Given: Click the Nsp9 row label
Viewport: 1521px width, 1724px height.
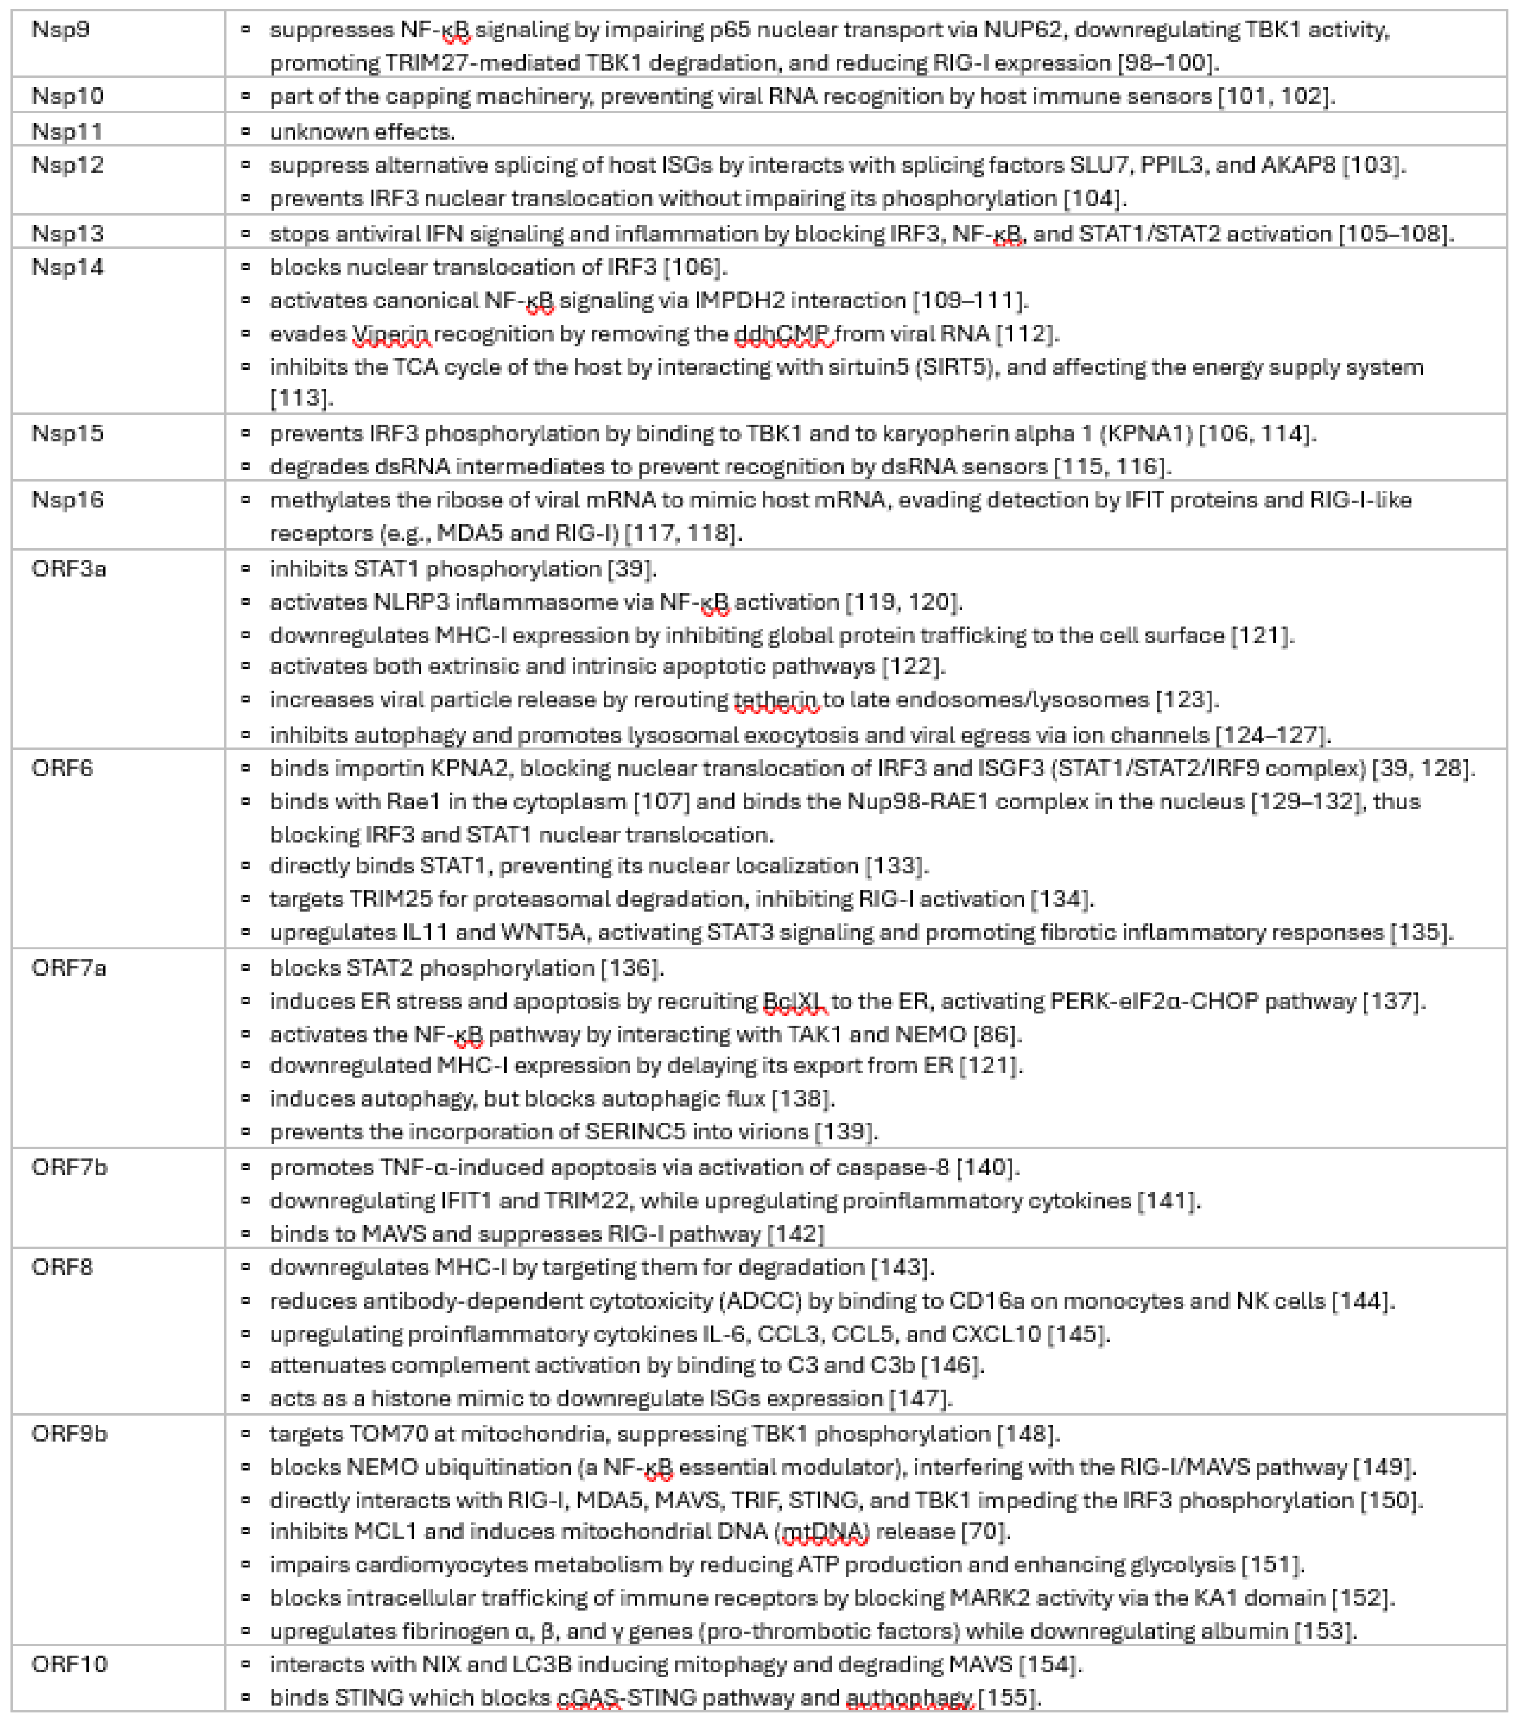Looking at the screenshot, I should click(x=61, y=31).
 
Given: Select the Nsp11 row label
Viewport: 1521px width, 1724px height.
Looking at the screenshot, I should click(x=67, y=131).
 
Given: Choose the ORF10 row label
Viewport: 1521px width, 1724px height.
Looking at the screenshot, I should click(x=69, y=1664).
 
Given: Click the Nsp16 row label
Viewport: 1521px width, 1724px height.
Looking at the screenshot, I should click(x=67, y=500).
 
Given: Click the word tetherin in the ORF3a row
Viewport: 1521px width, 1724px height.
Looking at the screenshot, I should click(x=776, y=700).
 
